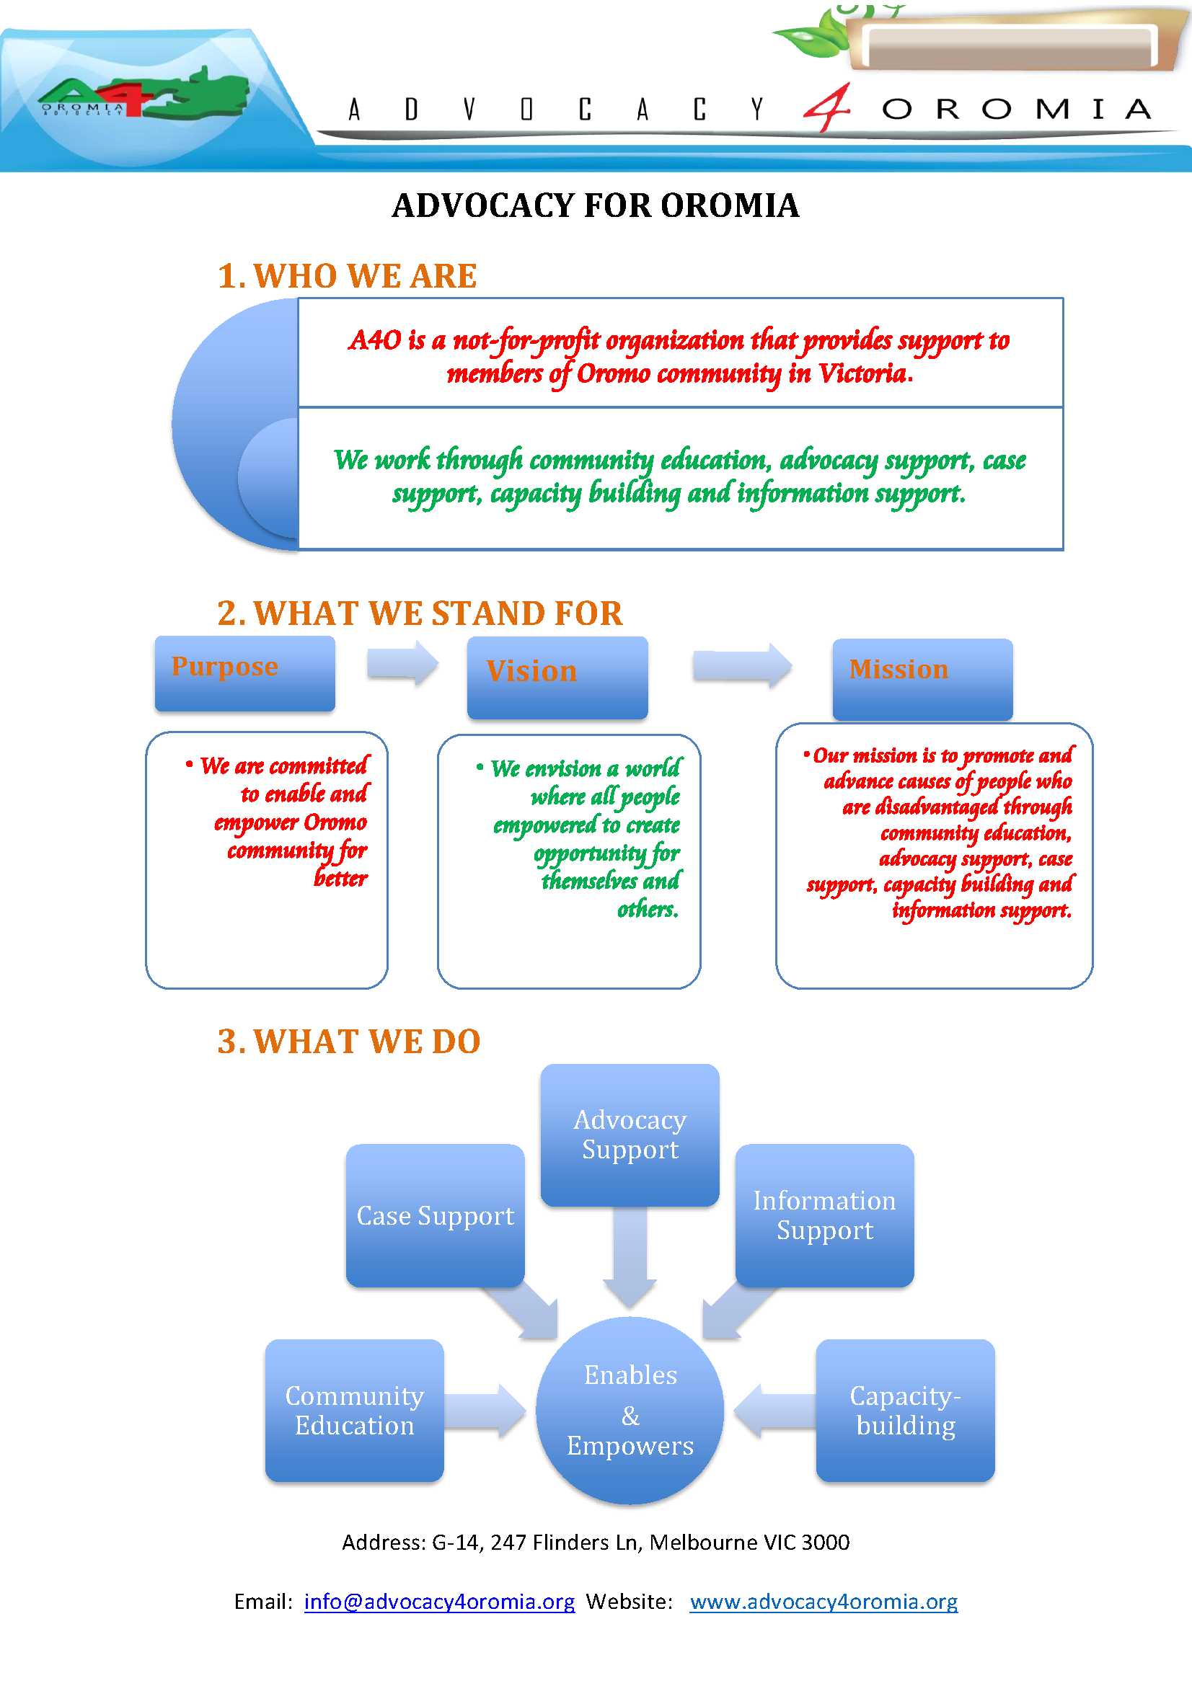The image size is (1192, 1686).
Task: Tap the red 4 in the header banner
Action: coord(829,108)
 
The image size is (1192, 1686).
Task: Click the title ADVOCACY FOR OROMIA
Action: coord(595,205)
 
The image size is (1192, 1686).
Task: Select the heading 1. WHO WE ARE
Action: coord(347,277)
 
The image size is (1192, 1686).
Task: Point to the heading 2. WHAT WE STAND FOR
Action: coord(420,613)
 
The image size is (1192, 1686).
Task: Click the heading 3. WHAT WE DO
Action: coord(348,1042)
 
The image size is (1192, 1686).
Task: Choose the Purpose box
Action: coord(244,673)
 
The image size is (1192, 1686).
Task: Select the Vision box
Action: coord(557,677)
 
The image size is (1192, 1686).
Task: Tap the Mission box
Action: coord(922,678)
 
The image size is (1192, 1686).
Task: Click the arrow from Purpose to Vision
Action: coord(402,663)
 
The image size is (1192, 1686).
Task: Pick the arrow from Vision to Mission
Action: coord(742,665)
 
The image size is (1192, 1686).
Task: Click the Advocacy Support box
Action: coord(630,1135)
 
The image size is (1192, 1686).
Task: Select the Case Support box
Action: coord(435,1215)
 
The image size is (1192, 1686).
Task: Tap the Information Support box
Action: coord(824,1215)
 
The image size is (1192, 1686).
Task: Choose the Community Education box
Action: coord(354,1410)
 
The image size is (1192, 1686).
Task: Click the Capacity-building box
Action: coord(905,1410)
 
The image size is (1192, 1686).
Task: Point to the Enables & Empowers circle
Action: coord(630,1411)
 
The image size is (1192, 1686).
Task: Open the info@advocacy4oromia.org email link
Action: coord(439,1602)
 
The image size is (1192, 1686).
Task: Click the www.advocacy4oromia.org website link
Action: coord(824,1602)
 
